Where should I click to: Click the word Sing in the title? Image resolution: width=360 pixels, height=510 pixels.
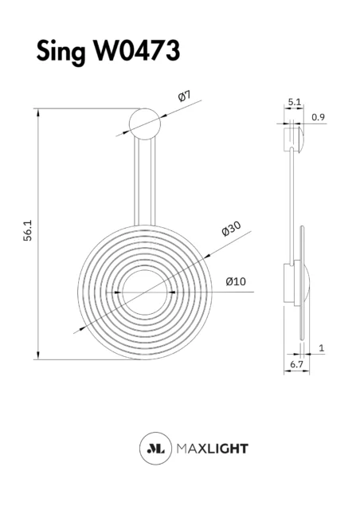pyautogui.click(x=61, y=52)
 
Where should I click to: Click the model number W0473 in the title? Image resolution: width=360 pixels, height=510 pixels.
pyautogui.click(x=137, y=50)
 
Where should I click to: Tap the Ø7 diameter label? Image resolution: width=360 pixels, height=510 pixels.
pyautogui.click(x=185, y=96)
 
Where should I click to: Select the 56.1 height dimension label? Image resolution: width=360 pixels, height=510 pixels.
pyautogui.click(x=28, y=230)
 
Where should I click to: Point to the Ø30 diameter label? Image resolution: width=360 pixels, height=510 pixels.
pyautogui.click(x=231, y=229)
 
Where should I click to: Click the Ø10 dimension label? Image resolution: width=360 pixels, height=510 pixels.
pyautogui.click(x=236, y=281)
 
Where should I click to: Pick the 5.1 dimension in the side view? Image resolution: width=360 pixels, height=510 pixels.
pyautogui.click(x=295, y=102)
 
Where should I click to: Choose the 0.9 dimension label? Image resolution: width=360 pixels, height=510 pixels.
pyautogui.click(x=318, y=117)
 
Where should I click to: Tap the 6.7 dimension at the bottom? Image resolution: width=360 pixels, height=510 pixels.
pyautogui.click(x=296, y=365)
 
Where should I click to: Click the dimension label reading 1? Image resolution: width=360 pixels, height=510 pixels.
pyautogui.click(x=322, y=348)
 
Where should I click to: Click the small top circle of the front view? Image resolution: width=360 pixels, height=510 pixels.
pyautogui.click(x=145, y=124)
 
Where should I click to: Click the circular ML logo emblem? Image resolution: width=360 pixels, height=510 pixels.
pyautogui.click(x=155, y=448)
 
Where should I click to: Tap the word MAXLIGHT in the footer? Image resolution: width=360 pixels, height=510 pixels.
pyautogui.click(x=213, y=449)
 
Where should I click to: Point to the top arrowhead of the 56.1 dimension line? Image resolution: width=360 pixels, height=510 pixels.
pyautogui.click(x=38, y=112)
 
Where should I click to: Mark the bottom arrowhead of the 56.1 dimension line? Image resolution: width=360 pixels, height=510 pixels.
pyautogui.click(x=38, y=355)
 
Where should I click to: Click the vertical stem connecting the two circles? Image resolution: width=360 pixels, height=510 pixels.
pyautogui.click(x=145, y=182)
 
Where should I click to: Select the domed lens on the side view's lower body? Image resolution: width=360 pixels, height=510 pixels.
pyautogui.click(x=307, y=283)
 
